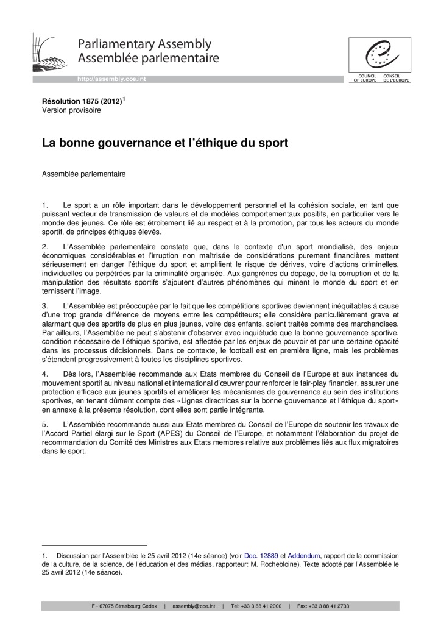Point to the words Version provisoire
pyautogui.click(x=71, y=111)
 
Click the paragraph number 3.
pyautogui.click(x=44, y=305)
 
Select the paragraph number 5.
pyautogui.click(x=44, y=424)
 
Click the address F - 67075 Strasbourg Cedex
pyautogui.click(x=125, y=606)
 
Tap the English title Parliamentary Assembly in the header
pyautogui.click(x=144, y=44)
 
